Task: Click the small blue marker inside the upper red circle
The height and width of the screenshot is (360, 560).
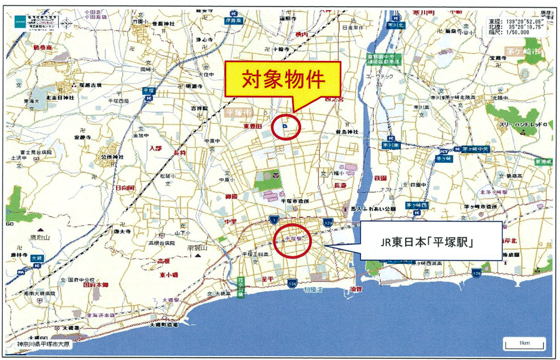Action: [x=285, y=126]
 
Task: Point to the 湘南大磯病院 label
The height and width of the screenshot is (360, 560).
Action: [x=40, y=294]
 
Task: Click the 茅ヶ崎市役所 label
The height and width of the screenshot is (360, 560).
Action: [x=483, y=206]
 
